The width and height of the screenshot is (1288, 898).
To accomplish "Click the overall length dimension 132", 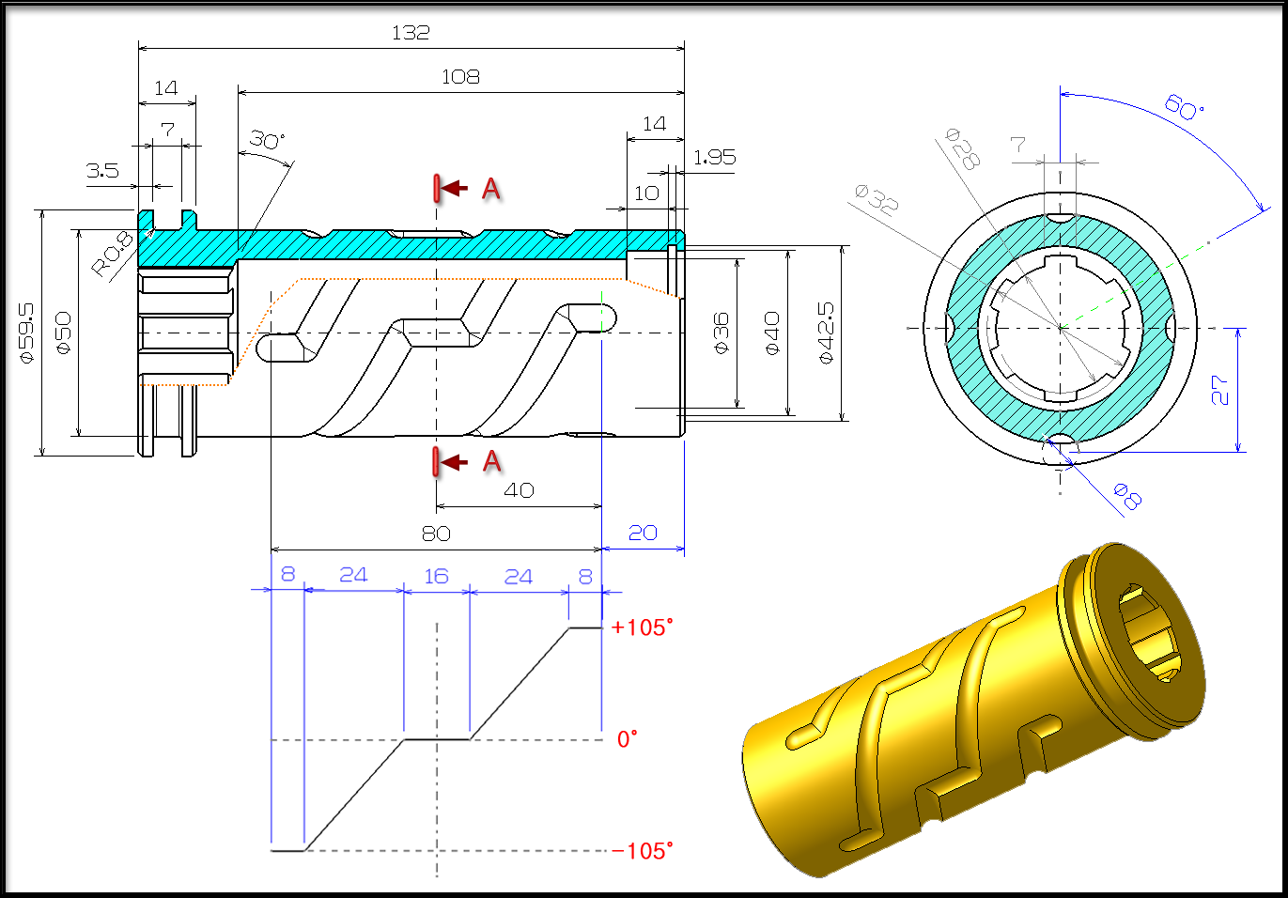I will coord(411,33).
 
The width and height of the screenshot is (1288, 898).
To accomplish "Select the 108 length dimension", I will coord(460,77).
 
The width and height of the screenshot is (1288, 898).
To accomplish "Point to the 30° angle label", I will coord(267,141).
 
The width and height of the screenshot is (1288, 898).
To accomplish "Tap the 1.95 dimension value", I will coord(714,158).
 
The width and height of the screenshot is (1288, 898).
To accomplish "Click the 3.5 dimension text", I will coord(102,171).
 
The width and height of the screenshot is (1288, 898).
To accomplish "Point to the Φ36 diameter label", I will coord(722,333).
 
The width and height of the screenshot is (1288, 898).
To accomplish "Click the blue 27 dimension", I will coord(1219,390).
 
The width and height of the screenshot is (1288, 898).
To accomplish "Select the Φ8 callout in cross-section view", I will coord(1127,495).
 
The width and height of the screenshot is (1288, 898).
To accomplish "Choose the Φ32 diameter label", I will coord(876,199).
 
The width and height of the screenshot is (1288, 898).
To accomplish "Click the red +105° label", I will coord(642,627).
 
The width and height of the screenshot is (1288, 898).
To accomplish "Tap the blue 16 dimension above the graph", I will coord(436,576).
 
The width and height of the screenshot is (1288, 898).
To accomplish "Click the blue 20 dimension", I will coord(643,533).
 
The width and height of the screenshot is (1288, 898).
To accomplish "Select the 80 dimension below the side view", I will coord(436,534).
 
